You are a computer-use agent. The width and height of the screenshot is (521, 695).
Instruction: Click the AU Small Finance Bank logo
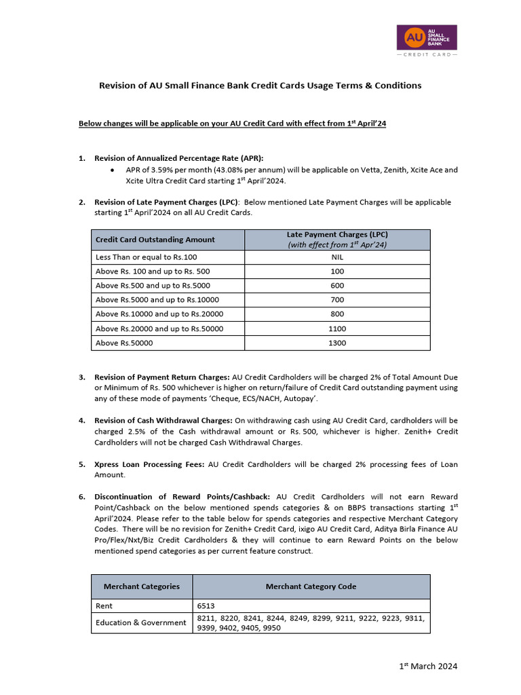tap(426, 40)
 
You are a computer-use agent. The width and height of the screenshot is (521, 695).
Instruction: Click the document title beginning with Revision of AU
tap(260, 86)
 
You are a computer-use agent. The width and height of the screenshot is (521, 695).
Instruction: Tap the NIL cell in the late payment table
tap(337, 257)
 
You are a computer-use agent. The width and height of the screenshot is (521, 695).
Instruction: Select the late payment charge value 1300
tap(337, 343)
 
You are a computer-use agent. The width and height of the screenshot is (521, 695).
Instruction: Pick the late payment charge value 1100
tap(337, 328)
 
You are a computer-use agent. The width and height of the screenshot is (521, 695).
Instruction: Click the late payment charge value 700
tap(337, 300)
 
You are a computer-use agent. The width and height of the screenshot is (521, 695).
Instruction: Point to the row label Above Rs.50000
tap(124, 343)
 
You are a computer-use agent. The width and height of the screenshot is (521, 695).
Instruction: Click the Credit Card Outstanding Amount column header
tap(155, 240)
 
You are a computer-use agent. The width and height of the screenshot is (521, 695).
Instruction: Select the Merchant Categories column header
tap(142, 586)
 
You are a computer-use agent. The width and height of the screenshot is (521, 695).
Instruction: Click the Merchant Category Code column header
tap(311, 586)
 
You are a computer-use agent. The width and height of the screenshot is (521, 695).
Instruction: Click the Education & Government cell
tap(141, 622)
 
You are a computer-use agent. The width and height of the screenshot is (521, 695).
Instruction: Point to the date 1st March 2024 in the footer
tap(428, 666)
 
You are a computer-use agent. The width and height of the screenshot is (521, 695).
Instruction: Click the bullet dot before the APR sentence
tap(112, 170)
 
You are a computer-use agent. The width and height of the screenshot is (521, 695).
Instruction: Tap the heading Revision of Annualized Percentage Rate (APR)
tap(178, 158)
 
